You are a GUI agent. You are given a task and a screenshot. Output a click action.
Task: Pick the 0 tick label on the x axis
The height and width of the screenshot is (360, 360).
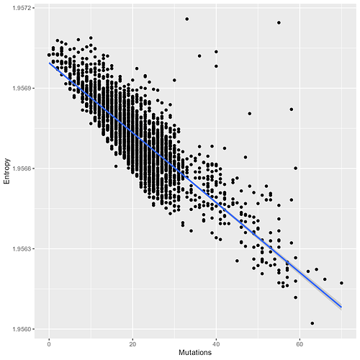tap(49, 341)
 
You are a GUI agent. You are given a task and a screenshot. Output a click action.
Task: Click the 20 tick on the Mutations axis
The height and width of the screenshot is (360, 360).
tap(132, 341)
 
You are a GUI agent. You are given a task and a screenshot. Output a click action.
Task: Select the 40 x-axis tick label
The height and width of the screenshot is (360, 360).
tap(216, 341)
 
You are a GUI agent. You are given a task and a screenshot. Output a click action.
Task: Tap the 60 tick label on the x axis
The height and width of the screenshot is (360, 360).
tap(300, 341)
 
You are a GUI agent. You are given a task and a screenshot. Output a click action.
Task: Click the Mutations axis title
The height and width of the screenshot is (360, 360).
tap(194, 352)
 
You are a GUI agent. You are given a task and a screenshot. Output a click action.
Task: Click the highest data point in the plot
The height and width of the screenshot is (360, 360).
tap(187, 19)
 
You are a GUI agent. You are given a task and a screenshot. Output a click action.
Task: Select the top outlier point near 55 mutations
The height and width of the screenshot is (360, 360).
tap(279, 22)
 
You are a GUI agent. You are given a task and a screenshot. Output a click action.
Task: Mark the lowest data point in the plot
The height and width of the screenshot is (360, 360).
tap(312, 323)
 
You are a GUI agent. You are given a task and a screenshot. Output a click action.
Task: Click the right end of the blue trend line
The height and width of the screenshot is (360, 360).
tap(341, 307)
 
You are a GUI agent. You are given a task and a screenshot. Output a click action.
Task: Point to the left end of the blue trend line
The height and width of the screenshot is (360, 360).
tap(49, 63)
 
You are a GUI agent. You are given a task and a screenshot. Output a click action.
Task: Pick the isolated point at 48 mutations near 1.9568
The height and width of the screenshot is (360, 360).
tap(250, 113)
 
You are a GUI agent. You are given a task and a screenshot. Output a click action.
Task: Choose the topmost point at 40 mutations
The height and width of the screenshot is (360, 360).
tap(216, 52)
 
